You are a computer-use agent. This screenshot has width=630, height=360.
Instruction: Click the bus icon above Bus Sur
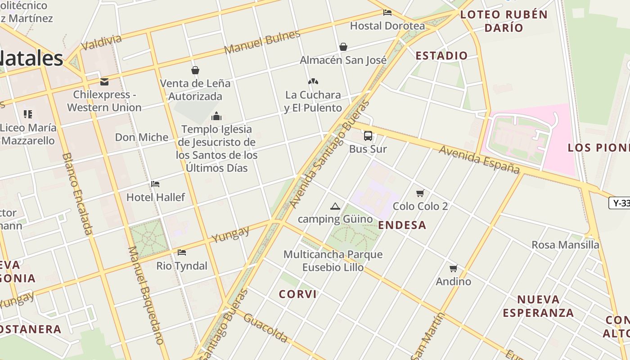coord(368,135)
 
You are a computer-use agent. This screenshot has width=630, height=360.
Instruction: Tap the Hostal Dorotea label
coord(387,26)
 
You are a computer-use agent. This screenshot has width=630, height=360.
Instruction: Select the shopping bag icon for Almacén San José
coord(343,47)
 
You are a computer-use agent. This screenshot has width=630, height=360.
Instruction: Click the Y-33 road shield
coord(620,203)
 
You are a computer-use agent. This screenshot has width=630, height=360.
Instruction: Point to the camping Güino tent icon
coord(335,206)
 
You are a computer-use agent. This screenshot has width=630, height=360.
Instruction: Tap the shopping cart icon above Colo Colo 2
coord(420,193)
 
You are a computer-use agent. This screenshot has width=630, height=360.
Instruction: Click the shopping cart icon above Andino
coord(453,268)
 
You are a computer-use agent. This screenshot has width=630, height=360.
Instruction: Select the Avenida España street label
coord(479,159)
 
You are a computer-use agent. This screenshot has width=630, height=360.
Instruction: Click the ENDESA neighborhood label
coord(402,225)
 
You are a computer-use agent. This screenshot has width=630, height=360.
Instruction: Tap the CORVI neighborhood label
coord(297,294)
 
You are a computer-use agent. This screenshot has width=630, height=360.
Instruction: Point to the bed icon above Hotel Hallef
coord(155,184)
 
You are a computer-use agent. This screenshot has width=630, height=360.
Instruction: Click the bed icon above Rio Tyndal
coord(181,252)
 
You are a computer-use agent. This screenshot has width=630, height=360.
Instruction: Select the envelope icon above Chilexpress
coord(104,82)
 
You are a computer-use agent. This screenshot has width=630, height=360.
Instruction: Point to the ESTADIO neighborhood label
coord(441,56)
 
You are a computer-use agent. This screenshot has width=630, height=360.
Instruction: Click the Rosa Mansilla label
coord(565,245)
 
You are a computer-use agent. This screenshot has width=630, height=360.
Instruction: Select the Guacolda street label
coord(265,327)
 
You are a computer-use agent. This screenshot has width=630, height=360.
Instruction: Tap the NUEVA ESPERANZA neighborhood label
coord(538,306)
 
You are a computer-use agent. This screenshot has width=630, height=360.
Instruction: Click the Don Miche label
coord(142,137)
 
